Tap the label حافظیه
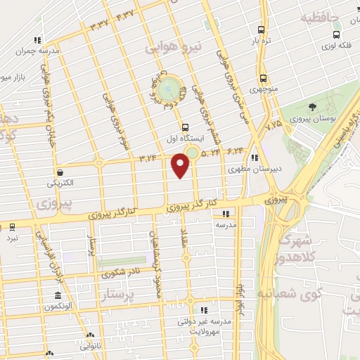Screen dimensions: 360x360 (x=321, y=18)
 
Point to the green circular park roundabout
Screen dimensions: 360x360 (x=167, y=90)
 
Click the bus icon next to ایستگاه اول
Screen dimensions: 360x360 (x=185, y=127)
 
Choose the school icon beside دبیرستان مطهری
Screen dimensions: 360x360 (x=255, y=158)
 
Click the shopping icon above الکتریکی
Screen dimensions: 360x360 (x=60, y=172)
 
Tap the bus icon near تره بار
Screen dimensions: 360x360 (x=262, y=30)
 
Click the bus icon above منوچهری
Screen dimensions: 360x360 (x=263, y=78)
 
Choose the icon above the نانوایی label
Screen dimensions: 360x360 (x=91, y=334)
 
